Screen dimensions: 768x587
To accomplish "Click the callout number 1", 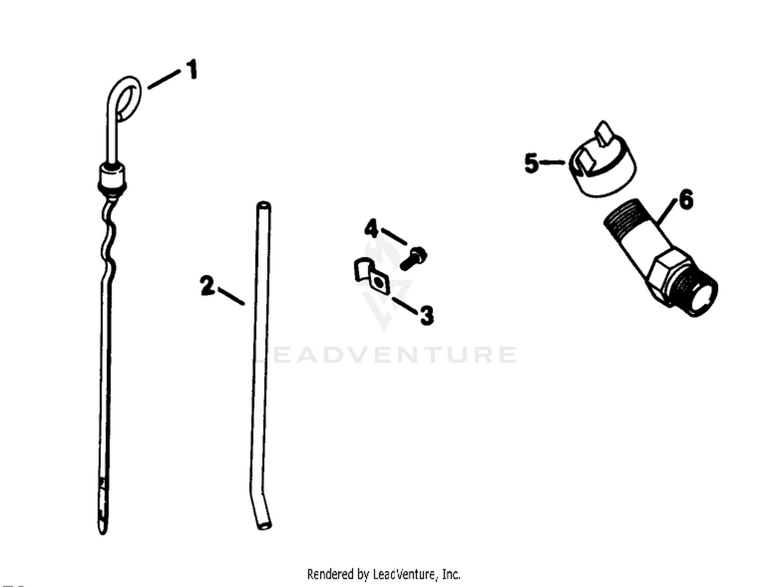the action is coord(190,70).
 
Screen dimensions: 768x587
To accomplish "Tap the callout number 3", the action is coord(426,315).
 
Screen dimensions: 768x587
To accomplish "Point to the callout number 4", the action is coord(372,229).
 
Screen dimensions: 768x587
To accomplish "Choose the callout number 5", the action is coord(531,163).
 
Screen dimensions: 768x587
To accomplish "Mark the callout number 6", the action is coord(686,200).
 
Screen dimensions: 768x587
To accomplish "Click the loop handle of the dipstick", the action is coord(125,98).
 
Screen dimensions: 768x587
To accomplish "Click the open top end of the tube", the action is coord(264,205).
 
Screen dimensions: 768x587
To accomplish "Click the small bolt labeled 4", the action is coord(414,258).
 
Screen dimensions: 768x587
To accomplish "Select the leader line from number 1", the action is coord(164,79).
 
